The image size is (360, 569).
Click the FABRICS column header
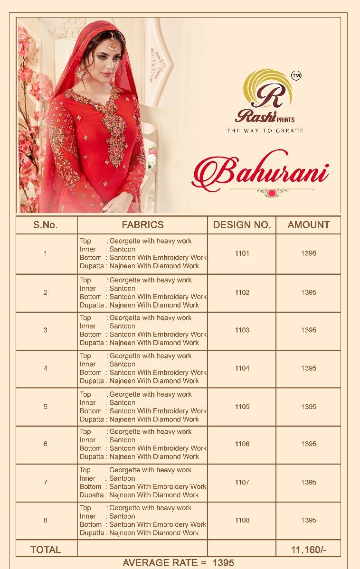click(x=142, y=224)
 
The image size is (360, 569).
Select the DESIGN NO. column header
click(x=242, y=225)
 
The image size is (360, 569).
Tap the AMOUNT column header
click(x=308, y=224)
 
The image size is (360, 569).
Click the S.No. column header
click(x=46, y=225)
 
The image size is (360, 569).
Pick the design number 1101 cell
click(x=242, y=253)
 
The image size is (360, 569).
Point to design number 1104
click(x=242, y=368)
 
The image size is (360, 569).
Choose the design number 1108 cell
click(x=242, y=520)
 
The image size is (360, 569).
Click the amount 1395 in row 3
click(x=308, y=330)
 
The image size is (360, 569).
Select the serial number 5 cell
click(x=46, y=407)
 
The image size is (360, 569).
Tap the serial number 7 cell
click(x=46, y=482)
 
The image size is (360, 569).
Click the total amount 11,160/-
click(x=308, y=550)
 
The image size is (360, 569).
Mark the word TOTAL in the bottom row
click(x=46, y=550)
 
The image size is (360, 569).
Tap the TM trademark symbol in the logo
click(x=296, y=75)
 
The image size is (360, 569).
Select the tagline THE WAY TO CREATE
click(x=265, y=130)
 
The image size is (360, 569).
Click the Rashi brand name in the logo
click(x=253, y=119)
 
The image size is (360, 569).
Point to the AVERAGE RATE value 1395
click(x=223, y=563)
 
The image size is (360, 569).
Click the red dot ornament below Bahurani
click(x=272, y=192)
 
